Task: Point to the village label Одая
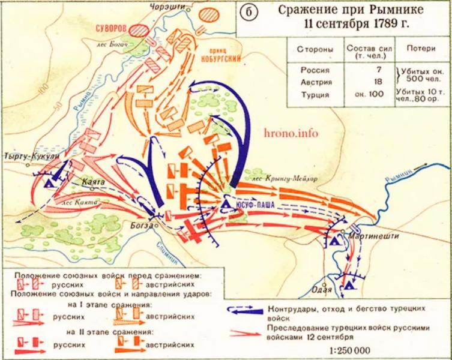[323, 288]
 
